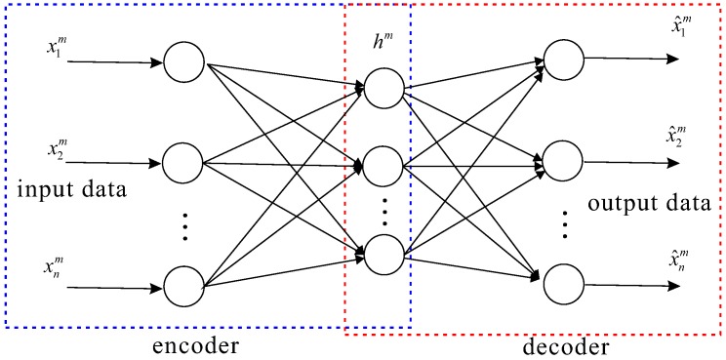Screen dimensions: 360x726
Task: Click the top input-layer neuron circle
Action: [182, 63]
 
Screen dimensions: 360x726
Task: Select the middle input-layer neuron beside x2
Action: [182, 160]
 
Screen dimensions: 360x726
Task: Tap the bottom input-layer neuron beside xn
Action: [182, 286]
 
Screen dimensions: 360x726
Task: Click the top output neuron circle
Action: [563, 58]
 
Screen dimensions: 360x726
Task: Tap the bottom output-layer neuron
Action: [563, 284]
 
